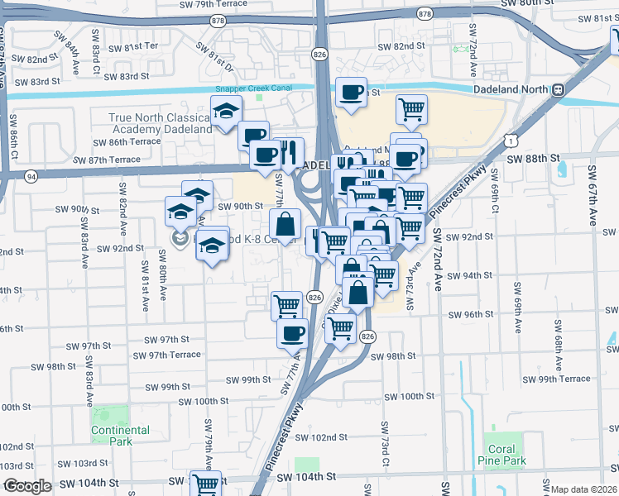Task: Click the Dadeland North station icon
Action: (559, 89)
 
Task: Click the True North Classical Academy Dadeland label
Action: (161, 123)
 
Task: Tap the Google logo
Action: (27, 486)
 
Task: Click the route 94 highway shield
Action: (31, 175)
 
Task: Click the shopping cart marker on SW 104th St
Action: (205, 484)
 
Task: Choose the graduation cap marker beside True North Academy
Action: (223, 112)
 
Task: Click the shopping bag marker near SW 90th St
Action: (285, 224)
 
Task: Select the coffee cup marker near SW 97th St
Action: (291, 333)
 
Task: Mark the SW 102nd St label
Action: (318, 437)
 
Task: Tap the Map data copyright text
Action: (584, 489)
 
